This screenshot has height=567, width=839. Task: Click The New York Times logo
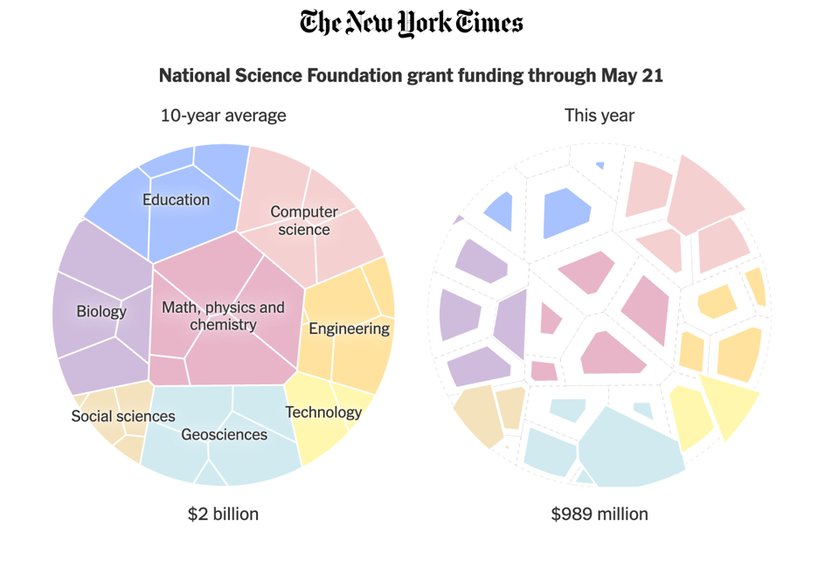[411, 24]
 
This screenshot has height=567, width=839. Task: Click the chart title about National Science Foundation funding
[411, 76]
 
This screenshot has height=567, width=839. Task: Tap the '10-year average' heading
[223, 115]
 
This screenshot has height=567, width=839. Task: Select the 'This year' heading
[600, 115]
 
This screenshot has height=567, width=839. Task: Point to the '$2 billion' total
[223, 514]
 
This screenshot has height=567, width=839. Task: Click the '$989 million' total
[600, 514]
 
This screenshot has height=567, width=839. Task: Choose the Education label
[176, 200]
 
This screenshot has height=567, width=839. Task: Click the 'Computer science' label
[304, 220]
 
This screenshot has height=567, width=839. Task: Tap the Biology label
[101, 311]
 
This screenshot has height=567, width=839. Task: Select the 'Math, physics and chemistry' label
[223, 316]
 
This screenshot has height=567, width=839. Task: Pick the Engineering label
[349, 328]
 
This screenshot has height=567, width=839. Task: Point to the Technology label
[323, 412]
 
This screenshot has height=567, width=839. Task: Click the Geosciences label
[224, 434]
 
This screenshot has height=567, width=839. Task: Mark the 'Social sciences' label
[123, 416]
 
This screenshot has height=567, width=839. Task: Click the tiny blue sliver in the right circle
[600, 165]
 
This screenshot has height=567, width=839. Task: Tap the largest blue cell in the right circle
[565, 212]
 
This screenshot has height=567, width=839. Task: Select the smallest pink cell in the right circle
[544, 370]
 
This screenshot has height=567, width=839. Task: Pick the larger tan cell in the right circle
[476, 416]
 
